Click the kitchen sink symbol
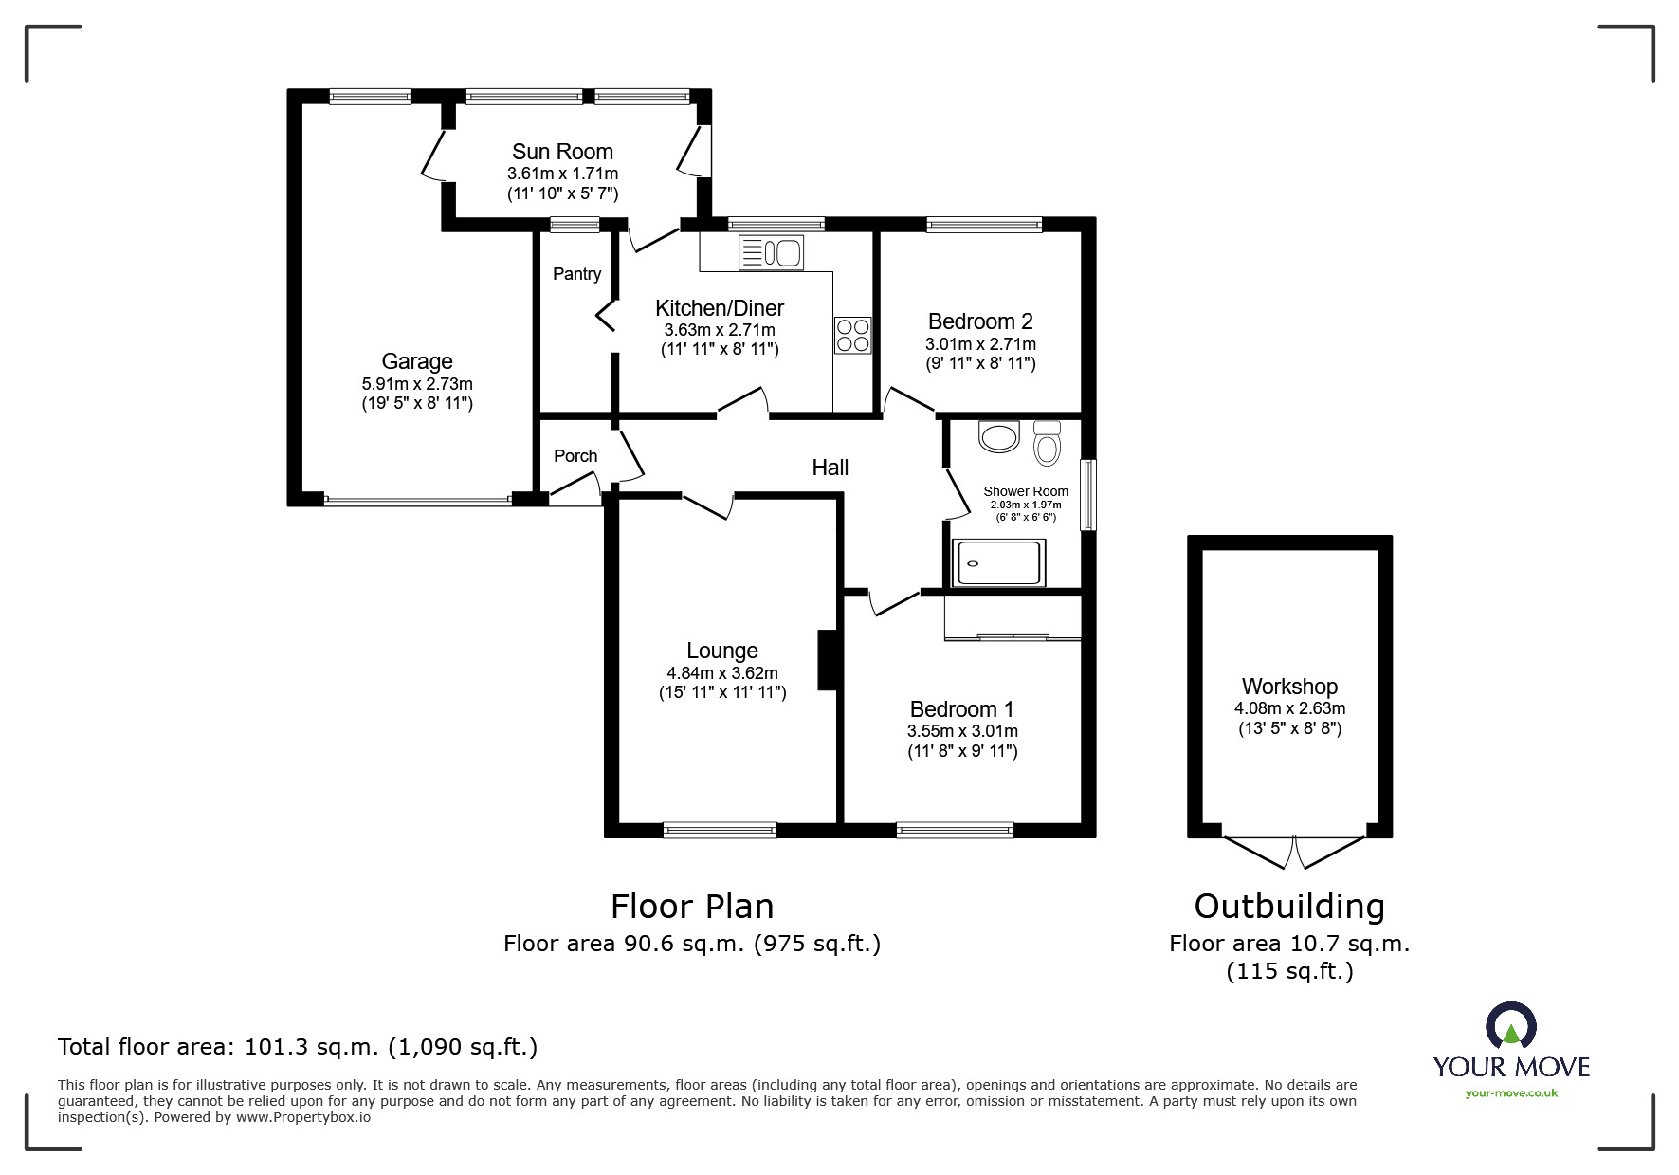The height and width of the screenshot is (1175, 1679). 771,253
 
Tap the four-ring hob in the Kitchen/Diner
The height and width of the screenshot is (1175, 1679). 852,335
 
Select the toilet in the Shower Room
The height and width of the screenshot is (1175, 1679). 1047,443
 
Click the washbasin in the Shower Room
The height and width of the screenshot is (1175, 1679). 997,437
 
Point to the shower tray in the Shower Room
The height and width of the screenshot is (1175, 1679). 999,562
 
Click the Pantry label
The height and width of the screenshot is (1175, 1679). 576,274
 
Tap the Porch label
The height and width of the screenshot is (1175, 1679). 575,456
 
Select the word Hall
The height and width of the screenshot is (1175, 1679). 830,468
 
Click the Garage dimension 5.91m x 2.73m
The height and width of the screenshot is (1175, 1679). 417,384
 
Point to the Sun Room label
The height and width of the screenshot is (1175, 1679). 562,152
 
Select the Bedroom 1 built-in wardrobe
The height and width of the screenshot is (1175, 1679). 1013,618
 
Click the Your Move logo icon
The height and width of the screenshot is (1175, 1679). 1510,1026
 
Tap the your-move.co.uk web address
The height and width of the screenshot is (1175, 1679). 1511,1093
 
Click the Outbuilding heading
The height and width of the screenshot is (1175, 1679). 1289,907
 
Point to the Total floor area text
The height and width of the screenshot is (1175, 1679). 298,1047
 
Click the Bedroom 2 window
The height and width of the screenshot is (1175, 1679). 984,225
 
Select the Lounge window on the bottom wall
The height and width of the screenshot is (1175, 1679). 721,830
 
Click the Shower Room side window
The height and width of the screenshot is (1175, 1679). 1088,495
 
